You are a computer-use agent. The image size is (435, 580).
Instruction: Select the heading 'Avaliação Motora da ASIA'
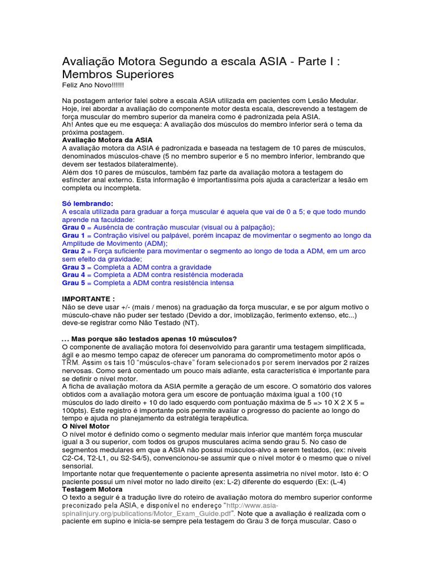click(x=107, y=139)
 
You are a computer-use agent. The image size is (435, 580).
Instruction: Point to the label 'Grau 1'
click(x=74, y=234)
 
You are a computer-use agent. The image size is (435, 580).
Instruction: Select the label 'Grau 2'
click(x=74, y=250)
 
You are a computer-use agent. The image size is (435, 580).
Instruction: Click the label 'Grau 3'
click(x=74, y=266)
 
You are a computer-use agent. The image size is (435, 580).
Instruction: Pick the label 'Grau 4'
click(x=74, y=274)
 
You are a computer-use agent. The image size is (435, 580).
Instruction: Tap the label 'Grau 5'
click(x=74, y=282)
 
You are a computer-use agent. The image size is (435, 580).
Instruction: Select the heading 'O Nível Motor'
click(x=86, y=425)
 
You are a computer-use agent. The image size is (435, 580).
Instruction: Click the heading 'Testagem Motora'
click(x=92, y=489)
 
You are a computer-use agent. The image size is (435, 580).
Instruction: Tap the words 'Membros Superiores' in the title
click(x=118, y=74)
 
